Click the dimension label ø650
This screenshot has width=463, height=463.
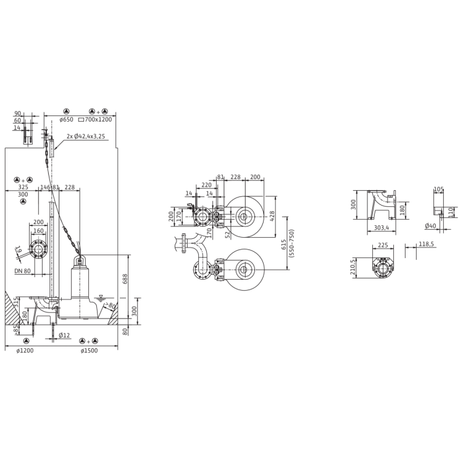click(x=66, y=119)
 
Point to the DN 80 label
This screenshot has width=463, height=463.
click(x=22, y=271)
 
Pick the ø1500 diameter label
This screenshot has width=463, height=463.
click(x=90, y=351)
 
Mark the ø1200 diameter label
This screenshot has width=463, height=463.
click(x=25, y=351)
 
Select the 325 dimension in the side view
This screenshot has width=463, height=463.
click(x=23, y=186)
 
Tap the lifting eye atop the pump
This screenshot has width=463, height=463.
click(x=80, y=261)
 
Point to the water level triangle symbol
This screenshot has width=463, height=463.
click(x=101, y=298)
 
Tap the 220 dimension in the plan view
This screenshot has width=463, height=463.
click(x=206, y=185)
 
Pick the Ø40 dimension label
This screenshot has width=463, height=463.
click(x=432, y=226)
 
